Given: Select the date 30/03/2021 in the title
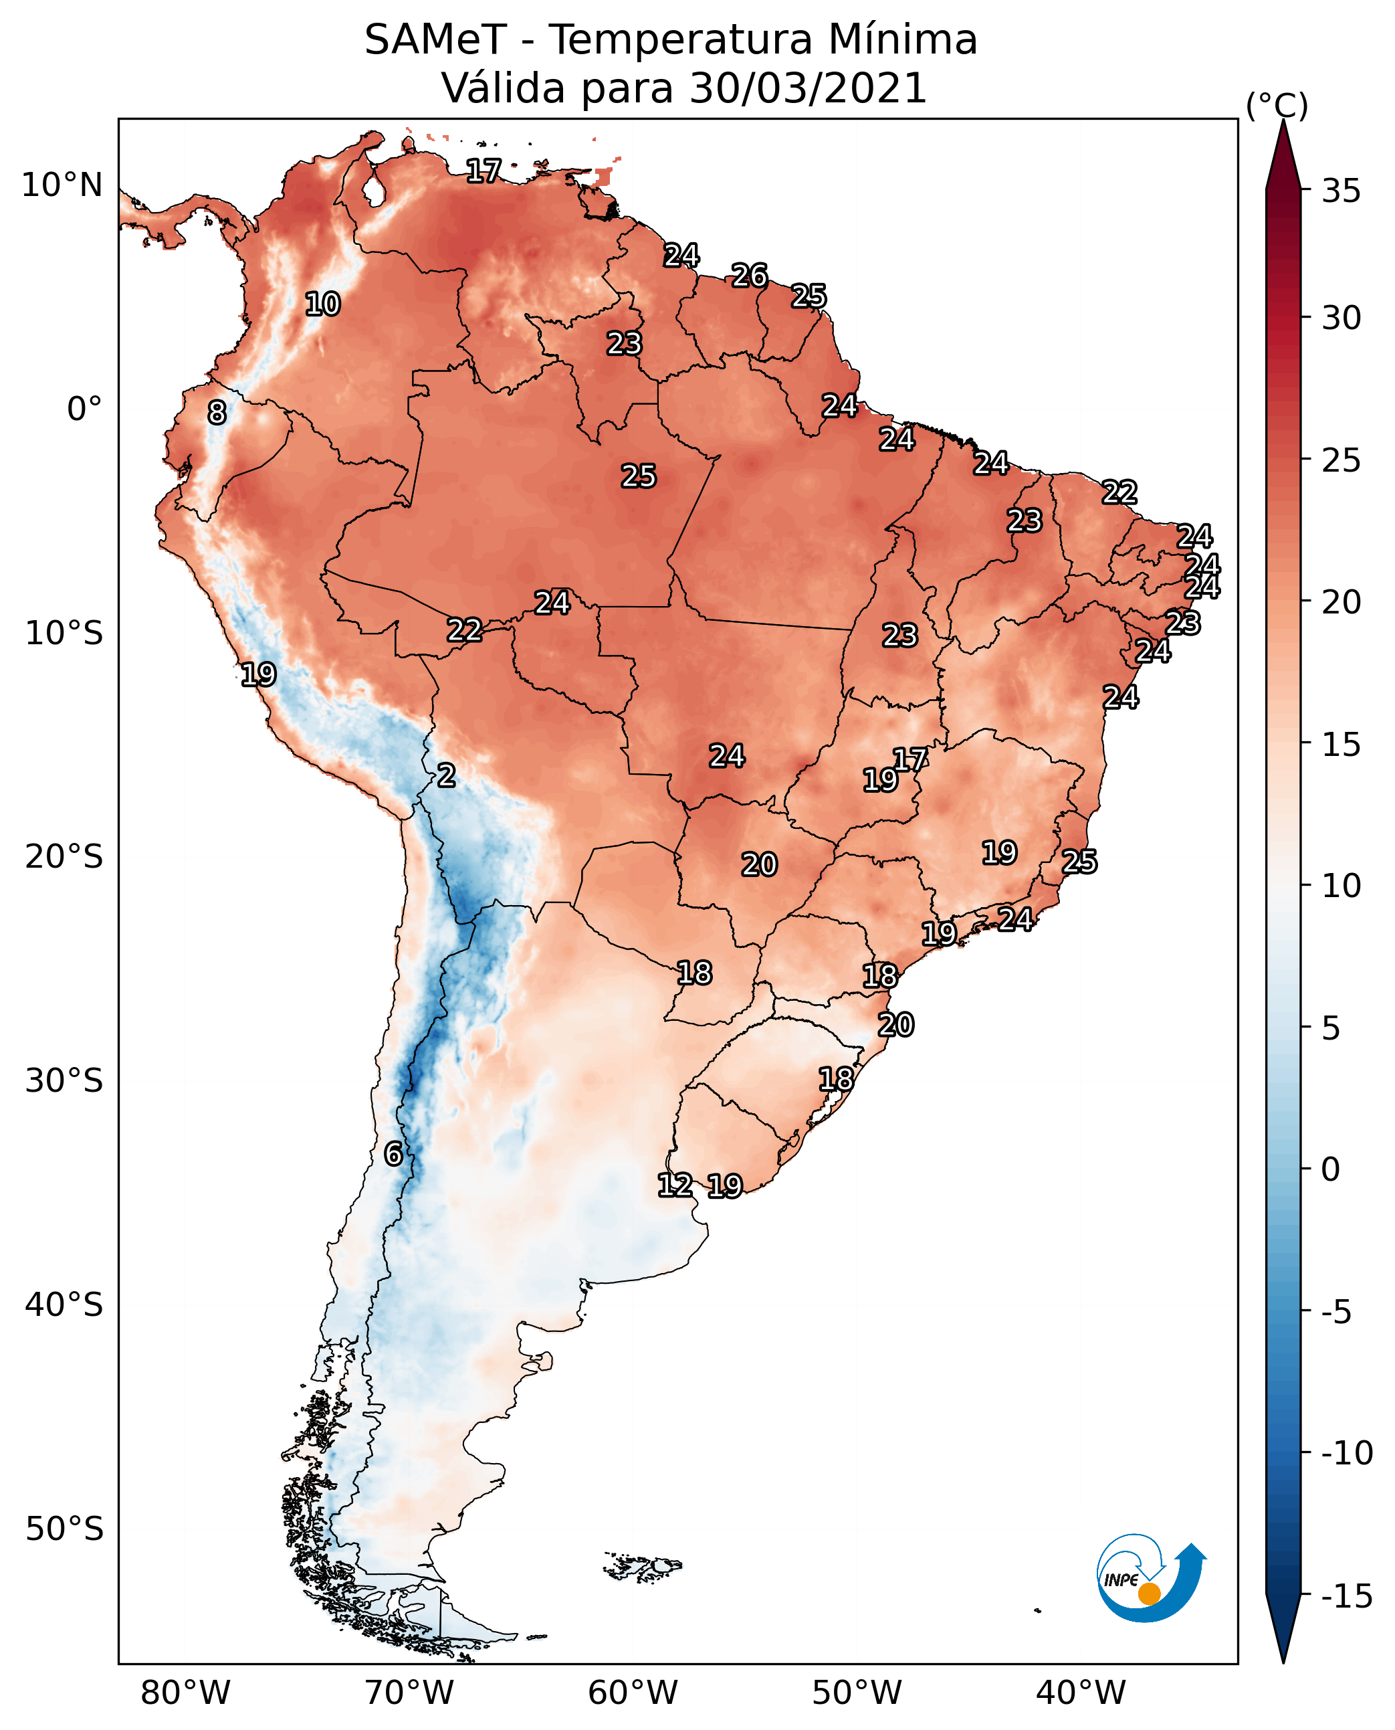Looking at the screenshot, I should [808, 88].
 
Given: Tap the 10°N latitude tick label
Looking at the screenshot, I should [62, 186].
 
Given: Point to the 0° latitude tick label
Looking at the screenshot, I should [84, 409].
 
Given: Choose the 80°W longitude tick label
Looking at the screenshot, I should [186, 1693].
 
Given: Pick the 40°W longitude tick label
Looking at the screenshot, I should [1081, 1693].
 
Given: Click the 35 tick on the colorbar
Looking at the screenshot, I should [1341, 191].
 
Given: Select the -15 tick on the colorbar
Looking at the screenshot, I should [1347, 1596].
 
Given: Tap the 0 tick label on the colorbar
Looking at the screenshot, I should [1331, 1169].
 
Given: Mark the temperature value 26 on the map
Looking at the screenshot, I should [749, 276].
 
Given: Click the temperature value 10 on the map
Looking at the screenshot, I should [322, 304].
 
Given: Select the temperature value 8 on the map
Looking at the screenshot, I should [217, 412].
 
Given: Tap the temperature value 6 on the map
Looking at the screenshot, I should [393, 1153].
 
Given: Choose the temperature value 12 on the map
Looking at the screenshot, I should [674, 1185].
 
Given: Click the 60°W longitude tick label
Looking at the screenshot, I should [633, 1693].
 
